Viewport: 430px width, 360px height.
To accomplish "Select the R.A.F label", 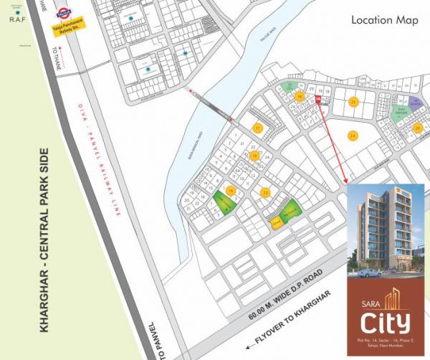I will point(16,21).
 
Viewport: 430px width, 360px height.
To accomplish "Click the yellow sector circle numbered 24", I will point(353,136).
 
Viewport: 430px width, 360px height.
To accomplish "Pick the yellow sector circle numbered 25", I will point(353,102).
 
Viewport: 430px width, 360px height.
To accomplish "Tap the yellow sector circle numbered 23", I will point(265,193).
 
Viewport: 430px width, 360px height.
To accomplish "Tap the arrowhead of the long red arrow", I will point(346,182).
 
